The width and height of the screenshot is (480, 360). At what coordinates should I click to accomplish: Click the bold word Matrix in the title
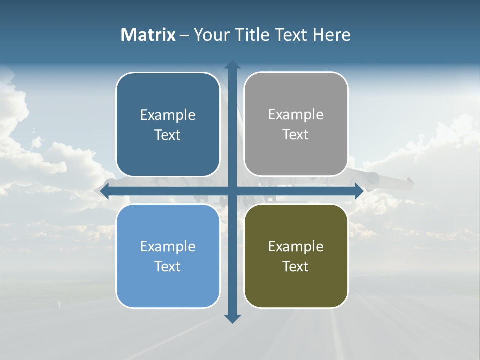(148, 35)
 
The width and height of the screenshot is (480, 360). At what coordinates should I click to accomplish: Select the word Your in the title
(210, 35)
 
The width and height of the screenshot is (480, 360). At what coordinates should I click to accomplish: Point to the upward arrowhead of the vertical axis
(232, 65)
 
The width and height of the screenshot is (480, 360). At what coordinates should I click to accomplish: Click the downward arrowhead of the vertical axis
(232, 319)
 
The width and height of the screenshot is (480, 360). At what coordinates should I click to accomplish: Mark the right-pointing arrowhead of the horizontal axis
(359, 191)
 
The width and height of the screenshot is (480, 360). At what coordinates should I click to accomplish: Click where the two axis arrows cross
(232, 191)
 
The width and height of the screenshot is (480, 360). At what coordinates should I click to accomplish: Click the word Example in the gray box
(296, 114)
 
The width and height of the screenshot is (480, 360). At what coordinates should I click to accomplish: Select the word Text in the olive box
(296, 266)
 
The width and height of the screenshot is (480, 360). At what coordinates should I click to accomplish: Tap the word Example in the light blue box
(168, 246)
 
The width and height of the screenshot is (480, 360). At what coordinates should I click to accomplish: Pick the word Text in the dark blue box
(168, 135)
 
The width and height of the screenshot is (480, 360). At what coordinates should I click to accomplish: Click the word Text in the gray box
(296, 134)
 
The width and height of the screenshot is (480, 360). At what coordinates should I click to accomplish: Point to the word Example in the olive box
(296, 246)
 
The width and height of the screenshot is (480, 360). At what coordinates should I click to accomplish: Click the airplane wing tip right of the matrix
(409, 183)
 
